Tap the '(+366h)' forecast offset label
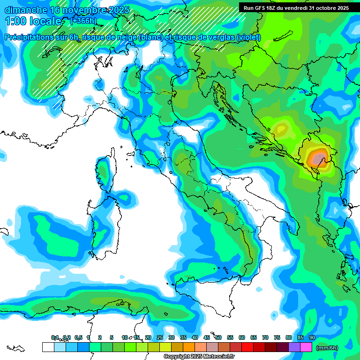pyautogui.click(x=83, y=21)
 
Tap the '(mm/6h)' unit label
pyautogui.click(x=327, y=348)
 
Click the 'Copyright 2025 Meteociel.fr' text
pyautogui.click(x=199, y=357)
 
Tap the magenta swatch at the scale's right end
pyautogui.click(x=306, y=347)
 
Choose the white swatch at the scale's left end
pyautogui.click(x=48, y=347)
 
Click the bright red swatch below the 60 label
pyautogui.click(x=247, y=347)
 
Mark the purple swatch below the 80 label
pyautogui.click(x=294, y=347)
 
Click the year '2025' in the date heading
pyautogui.click(x=119, y=10)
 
